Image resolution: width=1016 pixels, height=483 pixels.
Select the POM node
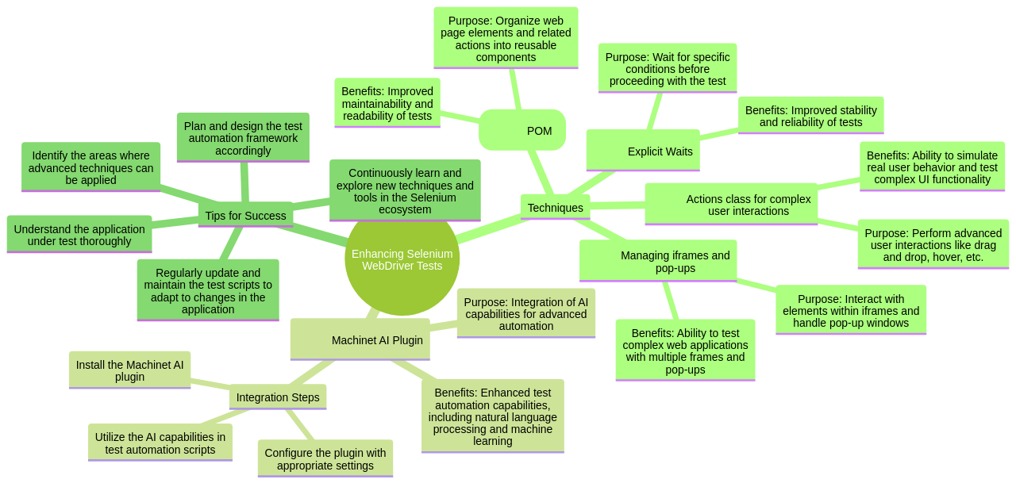(522, 130)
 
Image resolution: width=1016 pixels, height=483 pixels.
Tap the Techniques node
(555, 207)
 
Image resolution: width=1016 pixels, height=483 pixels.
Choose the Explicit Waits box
(643, 150)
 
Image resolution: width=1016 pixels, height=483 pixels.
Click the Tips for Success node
(245, 215)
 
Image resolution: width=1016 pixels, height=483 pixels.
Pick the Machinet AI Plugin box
(360, 339)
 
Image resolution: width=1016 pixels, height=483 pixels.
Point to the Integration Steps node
(277, 397)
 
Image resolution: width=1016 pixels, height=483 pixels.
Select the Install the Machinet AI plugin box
(129, 370)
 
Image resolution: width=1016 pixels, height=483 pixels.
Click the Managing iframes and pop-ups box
(657, 261)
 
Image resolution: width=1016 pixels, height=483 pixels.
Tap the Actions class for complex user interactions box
(730, 205)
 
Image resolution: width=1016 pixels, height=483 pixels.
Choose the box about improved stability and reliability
(810, 116)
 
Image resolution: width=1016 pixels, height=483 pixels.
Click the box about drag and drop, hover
(933, 244)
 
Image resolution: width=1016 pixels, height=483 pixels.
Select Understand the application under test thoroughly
(79, 235)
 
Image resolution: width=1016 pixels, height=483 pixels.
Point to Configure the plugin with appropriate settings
(325, 458)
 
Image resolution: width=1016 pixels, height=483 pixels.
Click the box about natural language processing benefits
(492, 416)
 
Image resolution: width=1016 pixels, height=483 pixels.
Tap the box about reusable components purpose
(506, 38)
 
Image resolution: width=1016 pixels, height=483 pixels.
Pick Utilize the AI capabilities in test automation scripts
(160, 443)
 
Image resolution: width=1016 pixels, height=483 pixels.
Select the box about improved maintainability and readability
(387, 103)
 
